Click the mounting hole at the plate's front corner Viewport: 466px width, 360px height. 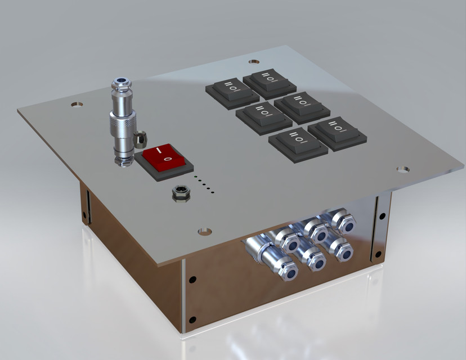click(205, 231)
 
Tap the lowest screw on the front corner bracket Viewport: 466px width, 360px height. click(192, 321)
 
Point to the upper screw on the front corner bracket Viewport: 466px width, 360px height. click(192, 279)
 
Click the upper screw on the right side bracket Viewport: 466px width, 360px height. click(382, 215)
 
